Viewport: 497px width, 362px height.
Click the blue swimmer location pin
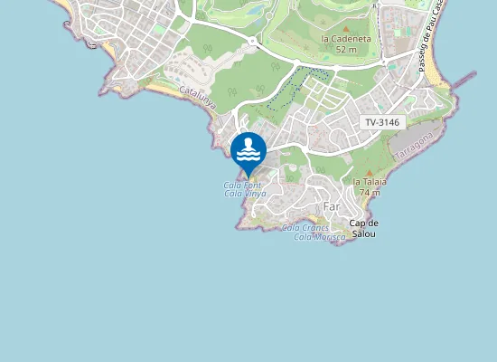point(248,151)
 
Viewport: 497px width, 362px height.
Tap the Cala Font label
point(242,186)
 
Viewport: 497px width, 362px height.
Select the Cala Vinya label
point(245,194)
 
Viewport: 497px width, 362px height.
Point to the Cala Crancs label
point(305,227)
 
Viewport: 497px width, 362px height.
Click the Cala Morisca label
point(319,236)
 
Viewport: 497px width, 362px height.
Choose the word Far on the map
point(332,206)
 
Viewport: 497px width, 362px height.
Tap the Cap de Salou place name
point(362,228)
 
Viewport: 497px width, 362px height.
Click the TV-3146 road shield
point(382,122)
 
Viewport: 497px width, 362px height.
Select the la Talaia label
point(370,181)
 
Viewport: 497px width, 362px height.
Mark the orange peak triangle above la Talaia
point(370,171)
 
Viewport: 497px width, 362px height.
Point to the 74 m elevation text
point(369,192)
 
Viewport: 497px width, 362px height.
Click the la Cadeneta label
point(342,38)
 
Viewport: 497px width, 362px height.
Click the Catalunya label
point(197,97)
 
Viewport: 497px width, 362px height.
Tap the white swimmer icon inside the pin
point(248,148)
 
